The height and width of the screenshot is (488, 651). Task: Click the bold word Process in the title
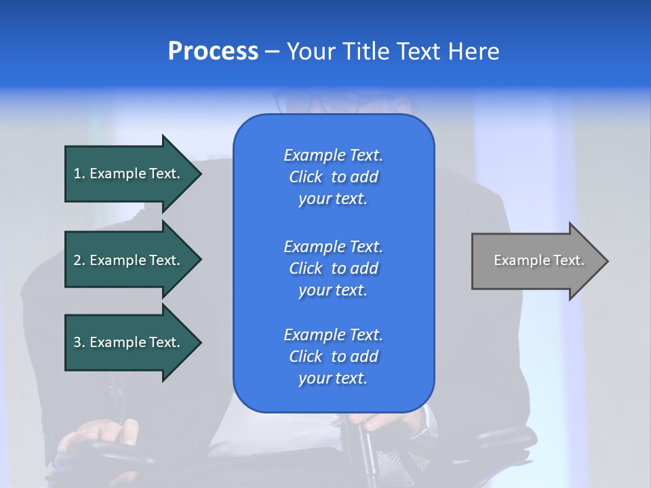click(213, 52)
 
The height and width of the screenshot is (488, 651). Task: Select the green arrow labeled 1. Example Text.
click(129, 174)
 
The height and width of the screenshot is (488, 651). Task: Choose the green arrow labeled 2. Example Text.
click(129, 260)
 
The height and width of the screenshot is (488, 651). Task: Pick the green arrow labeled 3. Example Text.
click(129, 342)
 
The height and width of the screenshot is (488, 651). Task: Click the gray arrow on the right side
click(536, 261)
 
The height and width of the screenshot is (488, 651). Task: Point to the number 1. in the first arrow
click(79, 174)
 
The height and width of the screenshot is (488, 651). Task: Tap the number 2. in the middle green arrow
click(79, 260)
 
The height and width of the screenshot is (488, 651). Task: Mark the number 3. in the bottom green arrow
click(79, 342)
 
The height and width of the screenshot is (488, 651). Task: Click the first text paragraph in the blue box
click(333, 177)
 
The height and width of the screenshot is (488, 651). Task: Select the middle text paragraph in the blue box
click(333, 268)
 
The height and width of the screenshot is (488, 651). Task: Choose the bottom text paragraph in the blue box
click(333, 357)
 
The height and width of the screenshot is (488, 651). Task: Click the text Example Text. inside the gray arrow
click(538, 260)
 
